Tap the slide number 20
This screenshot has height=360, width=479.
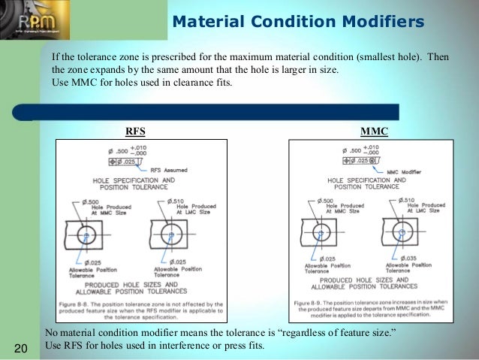20,347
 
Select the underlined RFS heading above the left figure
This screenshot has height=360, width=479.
136,131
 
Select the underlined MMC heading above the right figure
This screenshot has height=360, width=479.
374,131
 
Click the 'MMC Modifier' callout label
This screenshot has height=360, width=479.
402,171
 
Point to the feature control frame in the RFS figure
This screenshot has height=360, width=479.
124,162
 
